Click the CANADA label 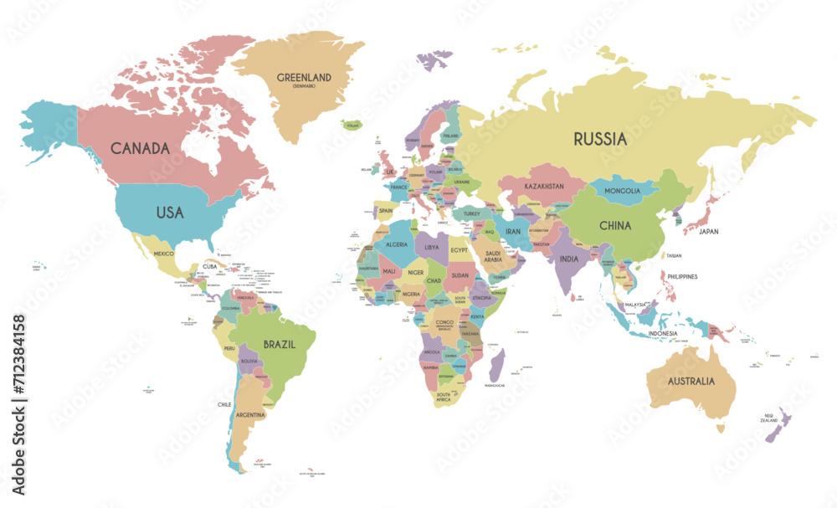pyautogui.click(x=140, y=148)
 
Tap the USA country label pyautogui.click(x=170, y=213)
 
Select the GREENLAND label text pyautogui.click(x=304, y=78)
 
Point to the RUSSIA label pyautogui.click(x=599, y=139)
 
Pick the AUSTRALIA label pyautogui.click(x=691, y=381)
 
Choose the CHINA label pyautogui.click(x=614, y=224)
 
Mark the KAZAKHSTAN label pyautogui.click(x=544, y=186)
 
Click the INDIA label pyautogui.click(x=569, y=259)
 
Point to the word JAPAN pyautogui.click(x=709, y=231)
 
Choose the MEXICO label pyautogui.click(x=163, y=253)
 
